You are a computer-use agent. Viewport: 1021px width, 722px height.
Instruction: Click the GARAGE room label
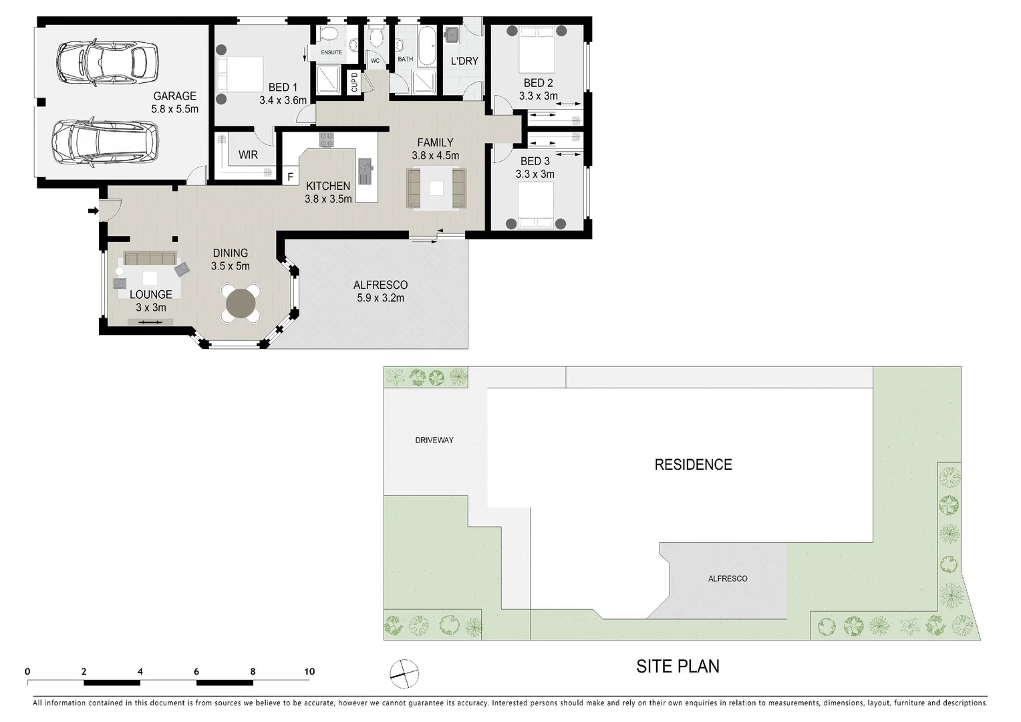click(x=174, y=96)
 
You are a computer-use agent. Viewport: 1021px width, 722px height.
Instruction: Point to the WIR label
click(x=248, y=154)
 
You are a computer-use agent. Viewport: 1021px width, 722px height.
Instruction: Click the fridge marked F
click(x=290, y=177)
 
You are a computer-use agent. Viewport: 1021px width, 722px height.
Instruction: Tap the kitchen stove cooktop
click(x=326, y=140)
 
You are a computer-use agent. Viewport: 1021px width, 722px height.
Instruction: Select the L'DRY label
click(x=464, y=61)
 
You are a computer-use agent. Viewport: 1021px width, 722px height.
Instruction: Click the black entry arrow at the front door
click(x=92, y=211)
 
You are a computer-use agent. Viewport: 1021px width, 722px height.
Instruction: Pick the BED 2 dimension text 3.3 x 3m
click(x=538, y=96)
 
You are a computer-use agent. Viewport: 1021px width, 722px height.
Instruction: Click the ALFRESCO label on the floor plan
click(x=380, y=285)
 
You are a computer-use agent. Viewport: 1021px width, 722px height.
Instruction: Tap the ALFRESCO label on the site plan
click(x=728, y=578)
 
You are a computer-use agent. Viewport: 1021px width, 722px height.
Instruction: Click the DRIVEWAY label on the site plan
click(x=434, y=440)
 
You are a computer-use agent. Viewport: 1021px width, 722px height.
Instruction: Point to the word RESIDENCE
click(x=693, y=465)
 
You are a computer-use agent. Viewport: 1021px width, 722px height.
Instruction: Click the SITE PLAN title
click(x=678, y=667)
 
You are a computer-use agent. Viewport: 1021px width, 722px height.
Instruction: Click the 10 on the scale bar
click(x=309, y=672)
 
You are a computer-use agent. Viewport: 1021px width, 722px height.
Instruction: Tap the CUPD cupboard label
click(x=354, y=82)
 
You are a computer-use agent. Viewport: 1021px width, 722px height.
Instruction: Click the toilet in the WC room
click(x=376, y=36)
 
